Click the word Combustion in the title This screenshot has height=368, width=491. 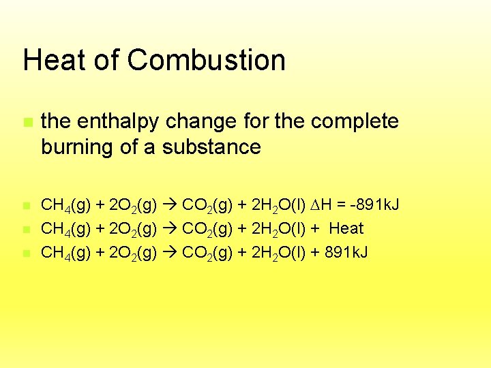pos(206,60)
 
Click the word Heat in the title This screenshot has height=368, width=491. pos(53,60)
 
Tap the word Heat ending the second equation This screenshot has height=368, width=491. pos(346,228)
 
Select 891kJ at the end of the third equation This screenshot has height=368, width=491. pos(348,253)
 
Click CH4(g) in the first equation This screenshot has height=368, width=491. pos(62,204)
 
